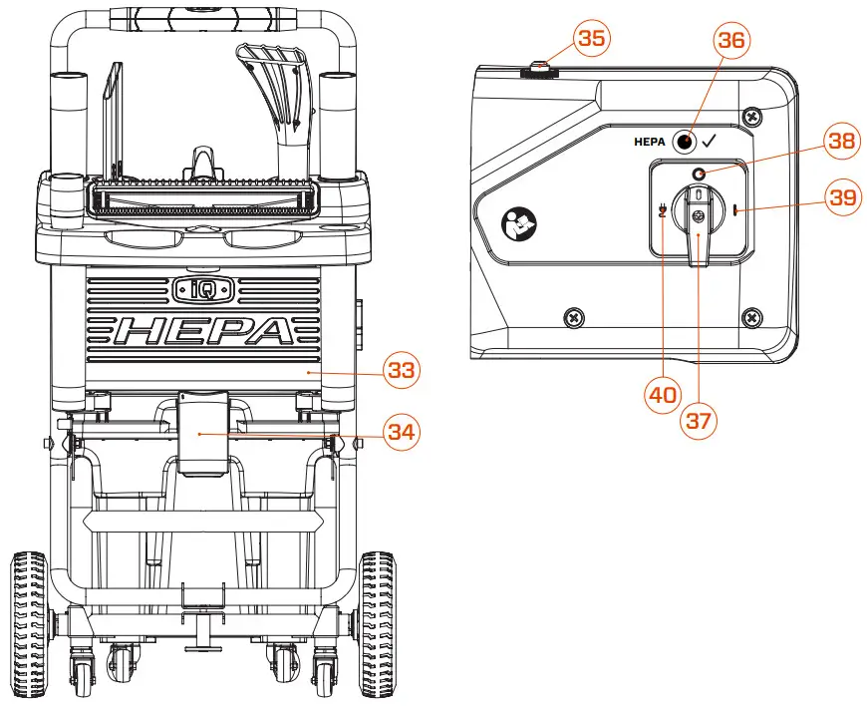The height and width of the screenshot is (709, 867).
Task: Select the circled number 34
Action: (402, 433)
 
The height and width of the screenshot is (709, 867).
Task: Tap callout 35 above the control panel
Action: (592, 40)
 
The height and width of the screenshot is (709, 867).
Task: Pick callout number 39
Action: (842, 197)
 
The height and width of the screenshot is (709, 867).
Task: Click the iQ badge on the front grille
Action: (202, 289)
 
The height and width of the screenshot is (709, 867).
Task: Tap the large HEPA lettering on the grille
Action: (203, 331)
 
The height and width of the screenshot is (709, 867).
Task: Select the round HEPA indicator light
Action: (685, 142)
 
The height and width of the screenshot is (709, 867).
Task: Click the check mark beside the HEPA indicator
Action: (710, 142)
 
